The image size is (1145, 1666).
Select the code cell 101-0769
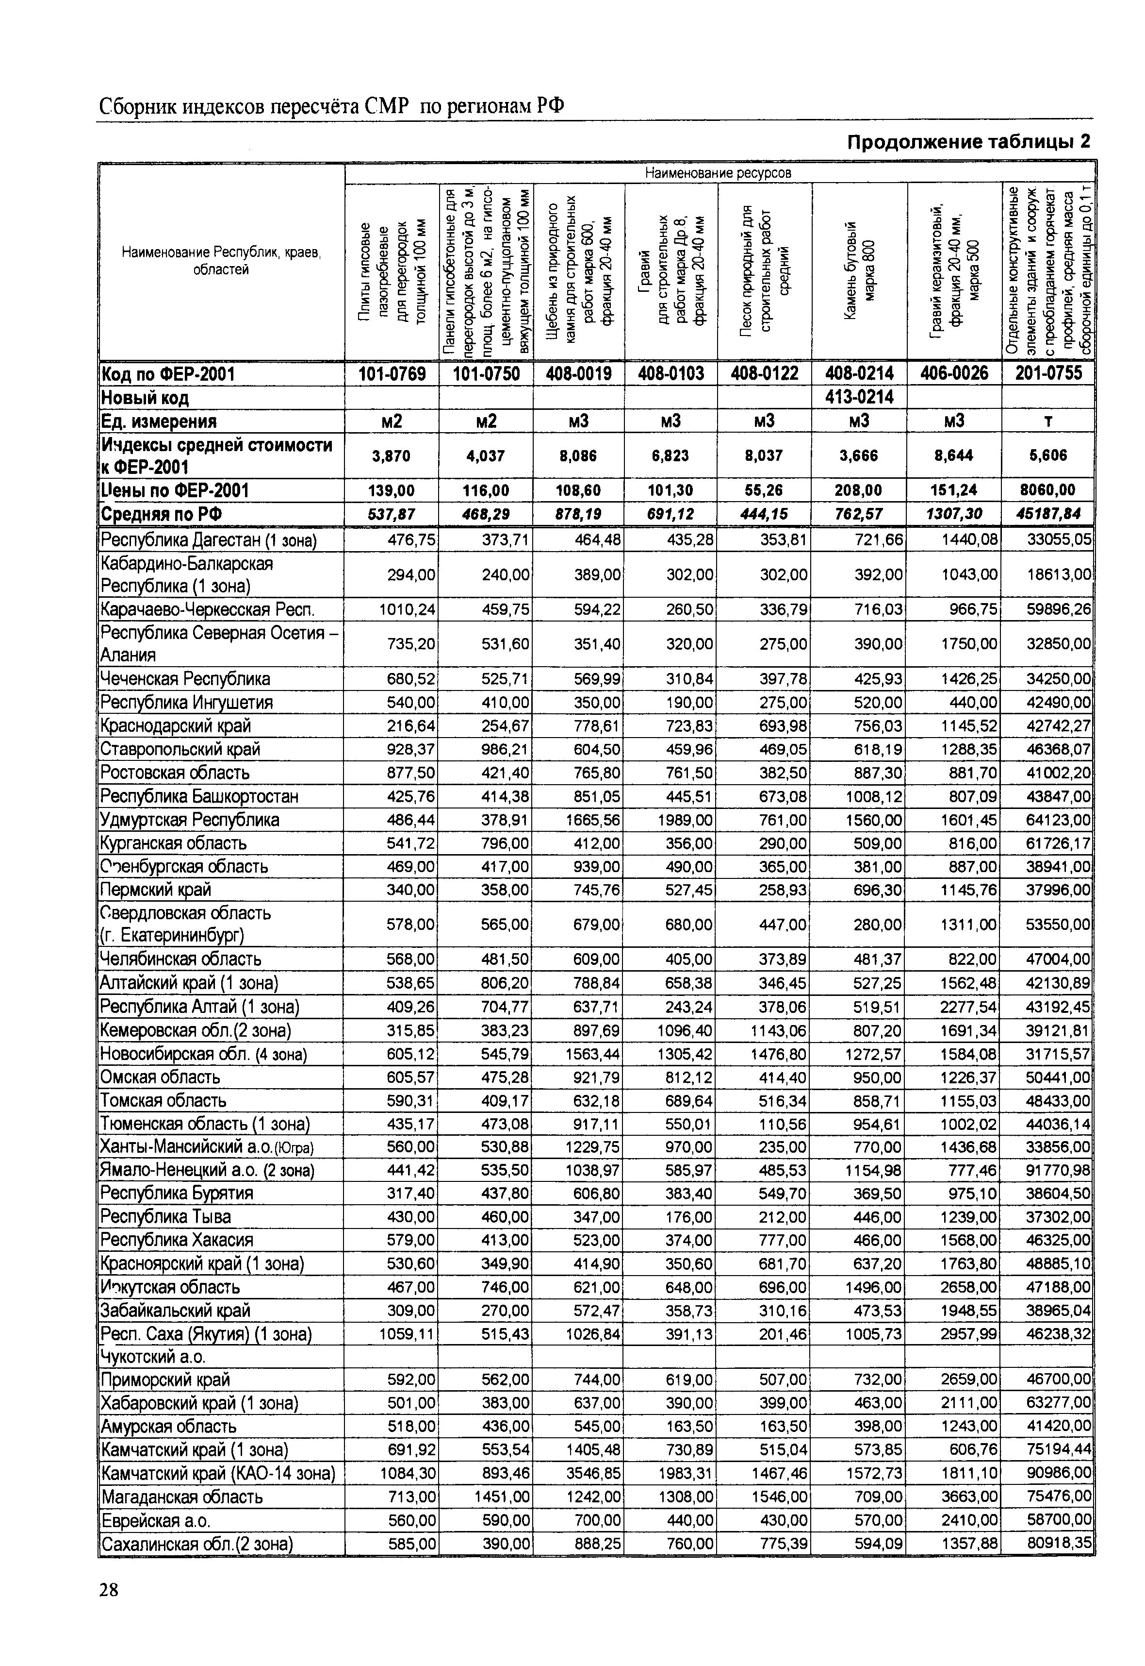coord(392,374)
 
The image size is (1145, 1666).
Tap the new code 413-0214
coord(859,397)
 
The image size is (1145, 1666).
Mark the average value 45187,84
coord(1048,514)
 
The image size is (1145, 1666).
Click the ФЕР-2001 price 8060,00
coord(1048,490)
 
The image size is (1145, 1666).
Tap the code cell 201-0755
coord(1048,374)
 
